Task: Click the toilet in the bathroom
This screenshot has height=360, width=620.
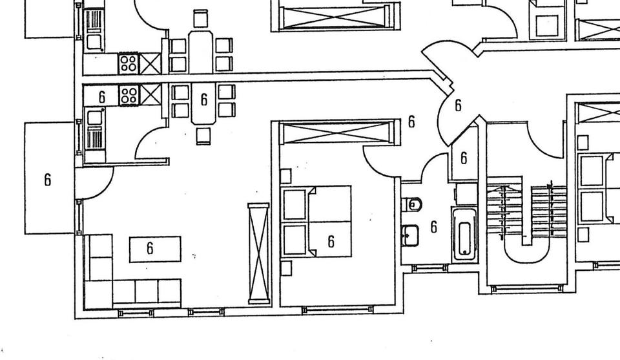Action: click(x=413, y=205)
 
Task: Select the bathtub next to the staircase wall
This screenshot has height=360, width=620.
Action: click(x=463, y=233)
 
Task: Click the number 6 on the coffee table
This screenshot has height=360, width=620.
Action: click(x=150, y=248)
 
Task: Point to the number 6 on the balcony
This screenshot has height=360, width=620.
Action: click(x=47, y=180)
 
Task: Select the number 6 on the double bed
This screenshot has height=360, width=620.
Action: click(x=331, y=241)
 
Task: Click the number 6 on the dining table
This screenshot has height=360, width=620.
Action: click(x=204, y=99)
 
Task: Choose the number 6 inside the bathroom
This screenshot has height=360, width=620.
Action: click(x=433, y=227)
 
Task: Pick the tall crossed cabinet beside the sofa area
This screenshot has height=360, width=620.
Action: click(x=259, y=252)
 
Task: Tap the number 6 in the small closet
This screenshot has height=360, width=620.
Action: click(x=464, y=157)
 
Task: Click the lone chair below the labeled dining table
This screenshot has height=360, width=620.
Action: click(x=203, y=136)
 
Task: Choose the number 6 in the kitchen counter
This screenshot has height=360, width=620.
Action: click(x=102, y=97)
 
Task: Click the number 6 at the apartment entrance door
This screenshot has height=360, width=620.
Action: click(x=458, y=105)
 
